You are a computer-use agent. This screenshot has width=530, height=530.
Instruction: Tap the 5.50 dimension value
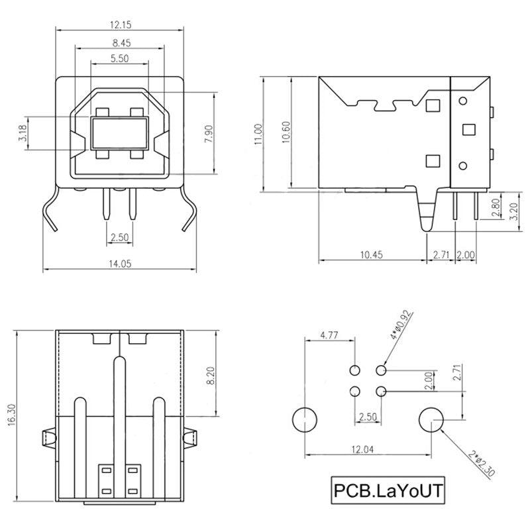(x=119, y=59)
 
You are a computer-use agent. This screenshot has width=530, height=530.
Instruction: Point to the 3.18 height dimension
(x=23, y=134)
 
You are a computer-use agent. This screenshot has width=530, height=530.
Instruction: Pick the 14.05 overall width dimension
(x=119, y=264)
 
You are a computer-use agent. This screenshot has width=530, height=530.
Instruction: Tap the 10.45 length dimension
(x=373, y=254)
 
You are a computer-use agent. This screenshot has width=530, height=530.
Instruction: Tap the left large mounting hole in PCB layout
(x=305, y=419)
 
